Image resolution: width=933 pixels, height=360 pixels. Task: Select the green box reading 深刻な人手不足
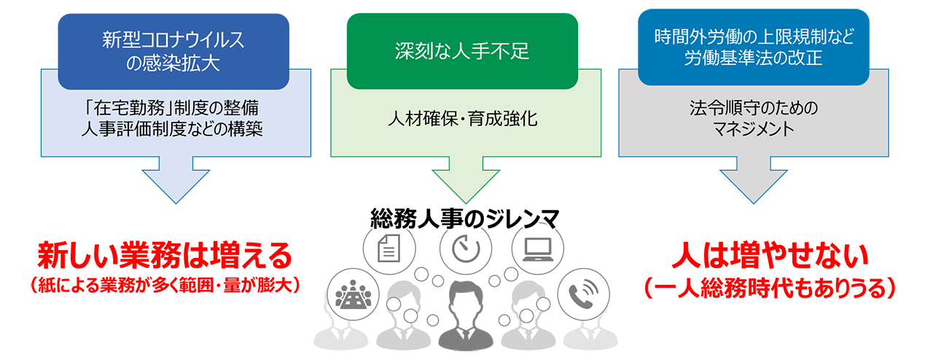click(x=462, y=51)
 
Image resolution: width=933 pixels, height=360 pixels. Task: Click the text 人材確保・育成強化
click(x=463, y=117)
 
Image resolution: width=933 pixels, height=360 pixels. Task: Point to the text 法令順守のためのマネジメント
click(x=753, y=119)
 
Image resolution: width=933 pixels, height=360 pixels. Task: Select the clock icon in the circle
click(x=464, y=249)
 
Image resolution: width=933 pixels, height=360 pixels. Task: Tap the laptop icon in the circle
click(x=538, y=249)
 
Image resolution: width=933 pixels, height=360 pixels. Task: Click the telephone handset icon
click(x=583, y=294)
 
